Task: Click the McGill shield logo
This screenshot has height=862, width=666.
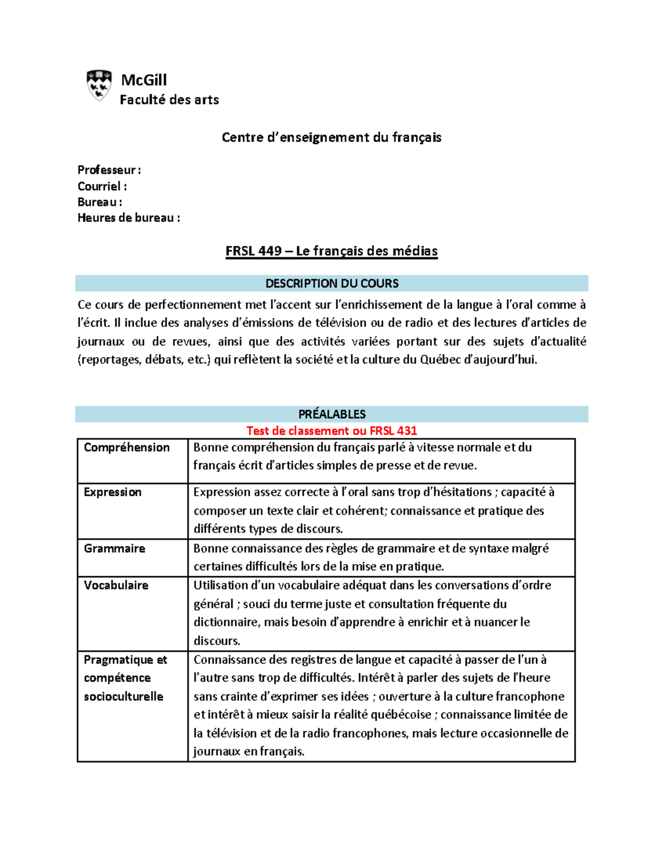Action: point(99,85)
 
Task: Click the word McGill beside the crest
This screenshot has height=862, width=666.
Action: point(144,80)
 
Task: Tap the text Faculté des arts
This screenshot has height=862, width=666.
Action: point(169,100)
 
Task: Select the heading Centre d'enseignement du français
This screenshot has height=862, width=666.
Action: point(331,137)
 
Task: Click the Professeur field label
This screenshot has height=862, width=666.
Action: point(109,170)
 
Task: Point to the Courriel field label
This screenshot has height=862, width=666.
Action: point(102,186)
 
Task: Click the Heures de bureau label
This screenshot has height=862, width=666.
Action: point(129,218)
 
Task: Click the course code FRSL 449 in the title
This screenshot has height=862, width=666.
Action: point(254,251)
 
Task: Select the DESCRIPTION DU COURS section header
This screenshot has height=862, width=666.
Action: point(332,284)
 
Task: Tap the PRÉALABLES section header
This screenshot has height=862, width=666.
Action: point(332,414)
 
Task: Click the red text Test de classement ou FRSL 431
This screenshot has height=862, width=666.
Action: point(331,431)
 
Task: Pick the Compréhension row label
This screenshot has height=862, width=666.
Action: point(127,447)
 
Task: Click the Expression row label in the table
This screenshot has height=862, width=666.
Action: point(113,492)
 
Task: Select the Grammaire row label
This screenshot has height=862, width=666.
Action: point(114,548)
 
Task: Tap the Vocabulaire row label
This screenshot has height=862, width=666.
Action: point(116,585)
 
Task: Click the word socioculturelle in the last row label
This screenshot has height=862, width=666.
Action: point(123,697)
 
